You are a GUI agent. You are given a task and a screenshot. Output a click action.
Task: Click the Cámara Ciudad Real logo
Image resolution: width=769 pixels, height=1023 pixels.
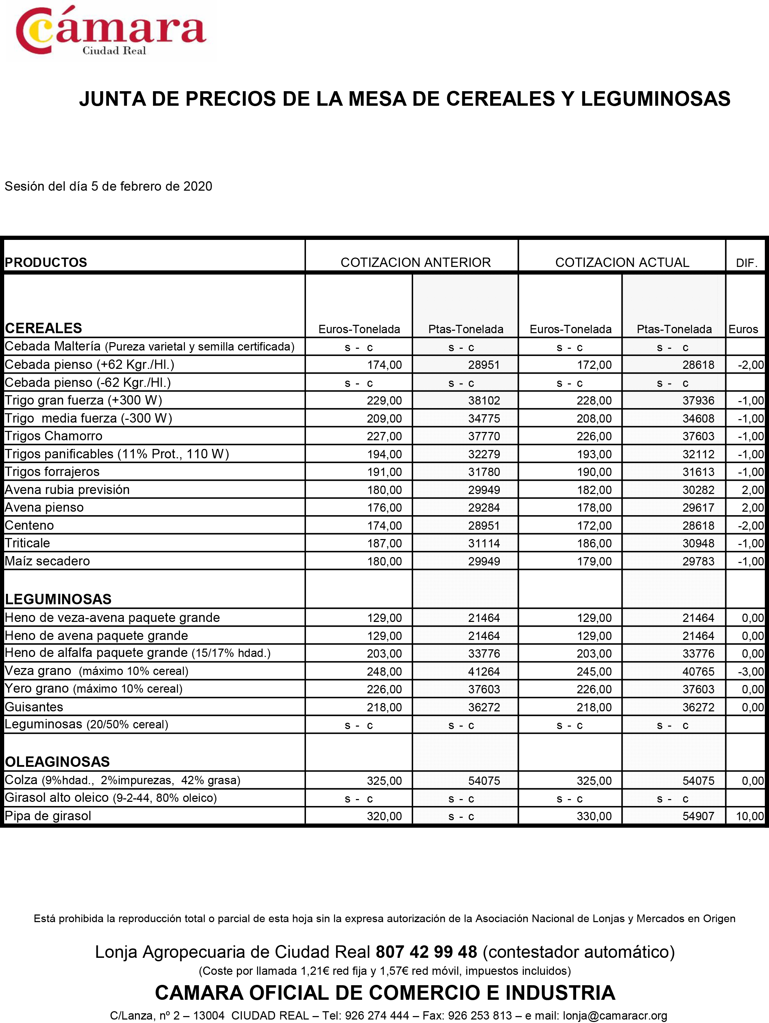(111, 32)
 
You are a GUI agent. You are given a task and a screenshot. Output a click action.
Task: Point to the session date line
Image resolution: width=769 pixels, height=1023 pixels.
(108, 187)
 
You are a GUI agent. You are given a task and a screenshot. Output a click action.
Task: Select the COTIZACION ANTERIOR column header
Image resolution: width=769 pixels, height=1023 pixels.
(416, 262)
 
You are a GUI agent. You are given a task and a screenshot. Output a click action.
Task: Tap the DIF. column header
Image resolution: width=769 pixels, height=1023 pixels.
(746, 263)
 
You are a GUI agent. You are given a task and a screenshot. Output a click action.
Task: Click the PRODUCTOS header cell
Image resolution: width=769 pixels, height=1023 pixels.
(46, 262)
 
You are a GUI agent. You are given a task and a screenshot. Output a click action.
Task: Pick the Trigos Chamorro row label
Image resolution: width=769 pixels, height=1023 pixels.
(54, 436)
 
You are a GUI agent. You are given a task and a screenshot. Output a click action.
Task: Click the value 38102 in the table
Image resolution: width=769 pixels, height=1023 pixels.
(484, 400)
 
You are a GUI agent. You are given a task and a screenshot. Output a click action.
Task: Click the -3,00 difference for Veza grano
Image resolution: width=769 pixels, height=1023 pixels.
(751, 671)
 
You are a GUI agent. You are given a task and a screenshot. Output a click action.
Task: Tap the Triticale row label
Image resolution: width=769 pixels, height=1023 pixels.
(27, 543)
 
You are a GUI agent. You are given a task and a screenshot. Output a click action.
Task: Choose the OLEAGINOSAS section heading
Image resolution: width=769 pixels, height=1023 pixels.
(57, 762)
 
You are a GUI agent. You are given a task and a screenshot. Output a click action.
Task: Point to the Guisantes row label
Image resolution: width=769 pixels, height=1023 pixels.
(34, 706)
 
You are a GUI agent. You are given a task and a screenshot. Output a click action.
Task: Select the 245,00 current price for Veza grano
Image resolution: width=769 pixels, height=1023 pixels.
(594, 671)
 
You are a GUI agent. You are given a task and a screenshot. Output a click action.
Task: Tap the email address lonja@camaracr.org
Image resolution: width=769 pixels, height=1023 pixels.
(615, 1016)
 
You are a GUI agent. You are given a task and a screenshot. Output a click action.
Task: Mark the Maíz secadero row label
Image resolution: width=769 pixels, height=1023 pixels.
(47, 561)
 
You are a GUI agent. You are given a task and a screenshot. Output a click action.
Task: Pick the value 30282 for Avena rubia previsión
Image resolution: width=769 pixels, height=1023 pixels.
(698, 490)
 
